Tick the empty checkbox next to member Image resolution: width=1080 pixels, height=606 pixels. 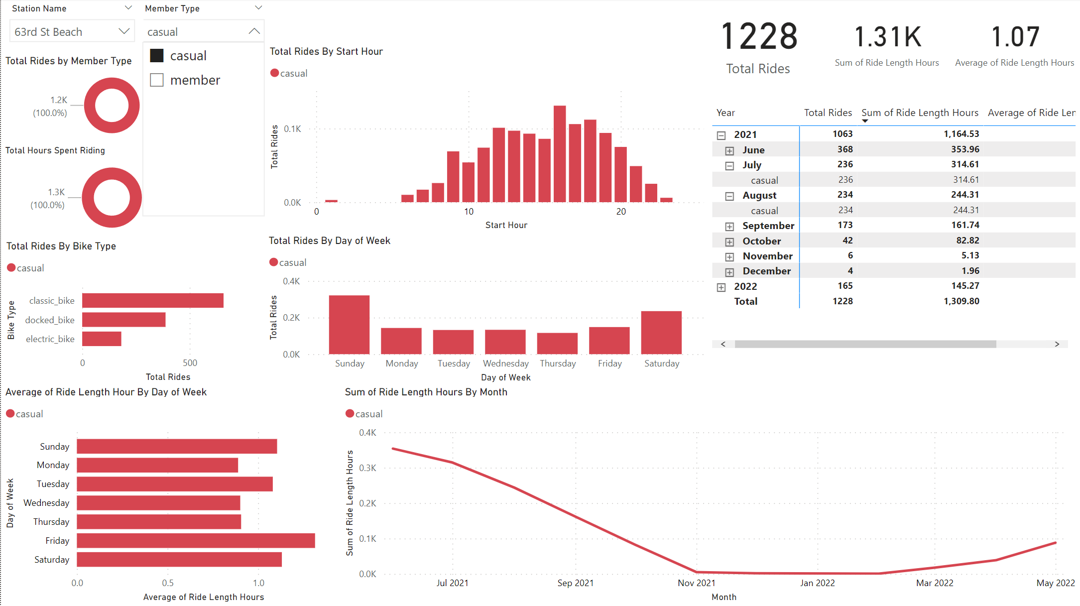pyautogui.click(x=157, y=80)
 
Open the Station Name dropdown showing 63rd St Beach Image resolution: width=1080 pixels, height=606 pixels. pyautogui.click(x=72, y=32)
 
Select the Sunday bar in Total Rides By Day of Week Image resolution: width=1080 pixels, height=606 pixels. pyautogui.click(x=349, y=325)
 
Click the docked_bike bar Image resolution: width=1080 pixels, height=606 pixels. pyautogui.click(x=123, y=320)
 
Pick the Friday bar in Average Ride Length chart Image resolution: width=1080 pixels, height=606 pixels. pyautogui.click(x=196, y=541)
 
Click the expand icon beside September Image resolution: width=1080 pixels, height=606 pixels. pyautogui.click(x=729, y=227)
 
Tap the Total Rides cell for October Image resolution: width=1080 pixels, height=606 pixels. pyautogui.click(x=847, y=241)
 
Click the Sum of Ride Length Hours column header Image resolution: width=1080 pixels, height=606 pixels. pyautogui.click(x=919, y=113)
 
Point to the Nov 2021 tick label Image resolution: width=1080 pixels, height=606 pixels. pyautogui.click(x=696, y=583)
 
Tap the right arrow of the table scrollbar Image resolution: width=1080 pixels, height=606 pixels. pyautogui.click(x=1057, y=344)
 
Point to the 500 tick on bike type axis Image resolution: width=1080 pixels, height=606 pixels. pyautogui.click(x=190, y=363)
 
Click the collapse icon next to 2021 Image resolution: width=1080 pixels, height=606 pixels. pyautogui.click(x=721, y=135)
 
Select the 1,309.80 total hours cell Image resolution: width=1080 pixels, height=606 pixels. pyautogui.click(x=961, y=301)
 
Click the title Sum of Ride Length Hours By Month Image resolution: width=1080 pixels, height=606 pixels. pyautogui.click(x=426, y=392)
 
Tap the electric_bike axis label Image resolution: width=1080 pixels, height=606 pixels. pyautogui.click(x=50, y=339)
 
